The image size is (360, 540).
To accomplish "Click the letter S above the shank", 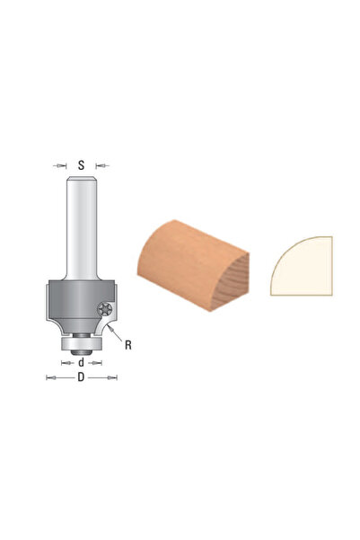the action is click(x=81, y=165).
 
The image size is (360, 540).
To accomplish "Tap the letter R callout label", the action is click(x=128, y=345).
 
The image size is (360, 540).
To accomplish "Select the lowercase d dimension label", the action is click(x=81, y=362).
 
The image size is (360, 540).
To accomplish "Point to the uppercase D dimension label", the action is click(x=81, y=377).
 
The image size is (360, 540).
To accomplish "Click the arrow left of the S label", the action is click(x=60, y=165).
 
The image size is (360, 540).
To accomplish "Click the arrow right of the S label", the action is click(x=102, y=165).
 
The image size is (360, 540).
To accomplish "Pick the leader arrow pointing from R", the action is click(x=115, y=332).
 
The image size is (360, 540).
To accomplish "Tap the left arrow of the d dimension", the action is click(x=67, y=363).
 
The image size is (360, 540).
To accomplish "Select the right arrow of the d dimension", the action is click(x=95, y=363).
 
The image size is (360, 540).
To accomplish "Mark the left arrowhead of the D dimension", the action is click(x=51, y=377).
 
